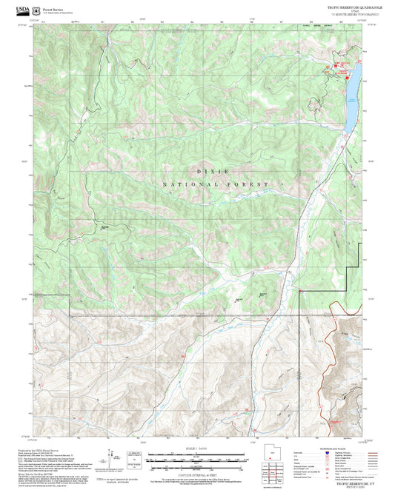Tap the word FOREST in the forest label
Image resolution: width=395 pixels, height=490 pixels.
[250, 184]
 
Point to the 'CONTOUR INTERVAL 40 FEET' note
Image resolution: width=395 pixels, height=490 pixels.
[196, 471]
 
